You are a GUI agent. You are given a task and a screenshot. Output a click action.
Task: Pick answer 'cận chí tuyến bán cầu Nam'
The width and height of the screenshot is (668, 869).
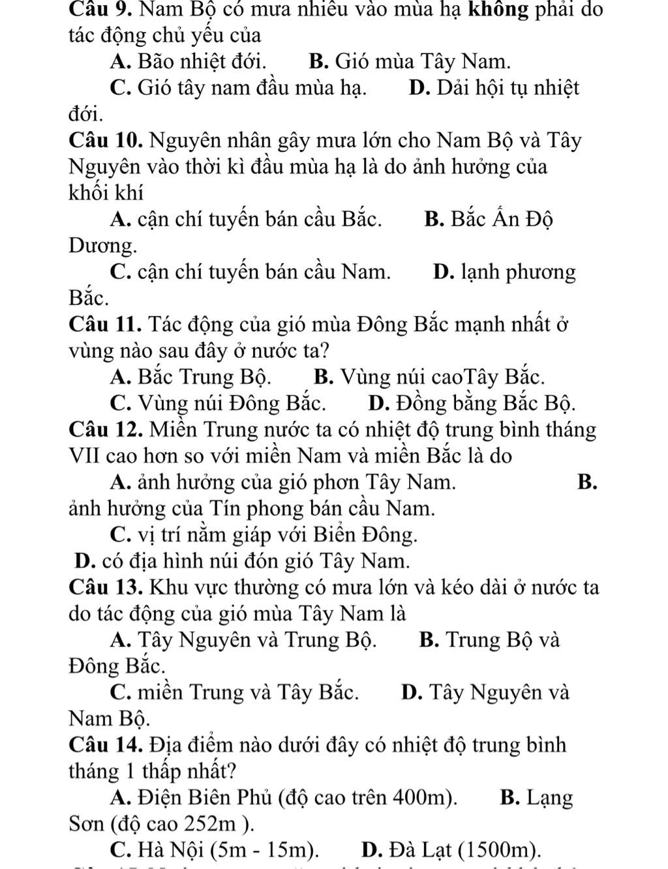[260, 272]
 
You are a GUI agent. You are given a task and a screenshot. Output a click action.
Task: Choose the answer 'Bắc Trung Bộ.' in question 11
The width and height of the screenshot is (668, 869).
[205, 377]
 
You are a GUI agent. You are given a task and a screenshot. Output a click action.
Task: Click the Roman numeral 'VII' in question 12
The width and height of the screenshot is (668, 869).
[82, 456]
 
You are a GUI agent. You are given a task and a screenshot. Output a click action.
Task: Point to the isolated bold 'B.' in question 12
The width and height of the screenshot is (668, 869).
[586, 482]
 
